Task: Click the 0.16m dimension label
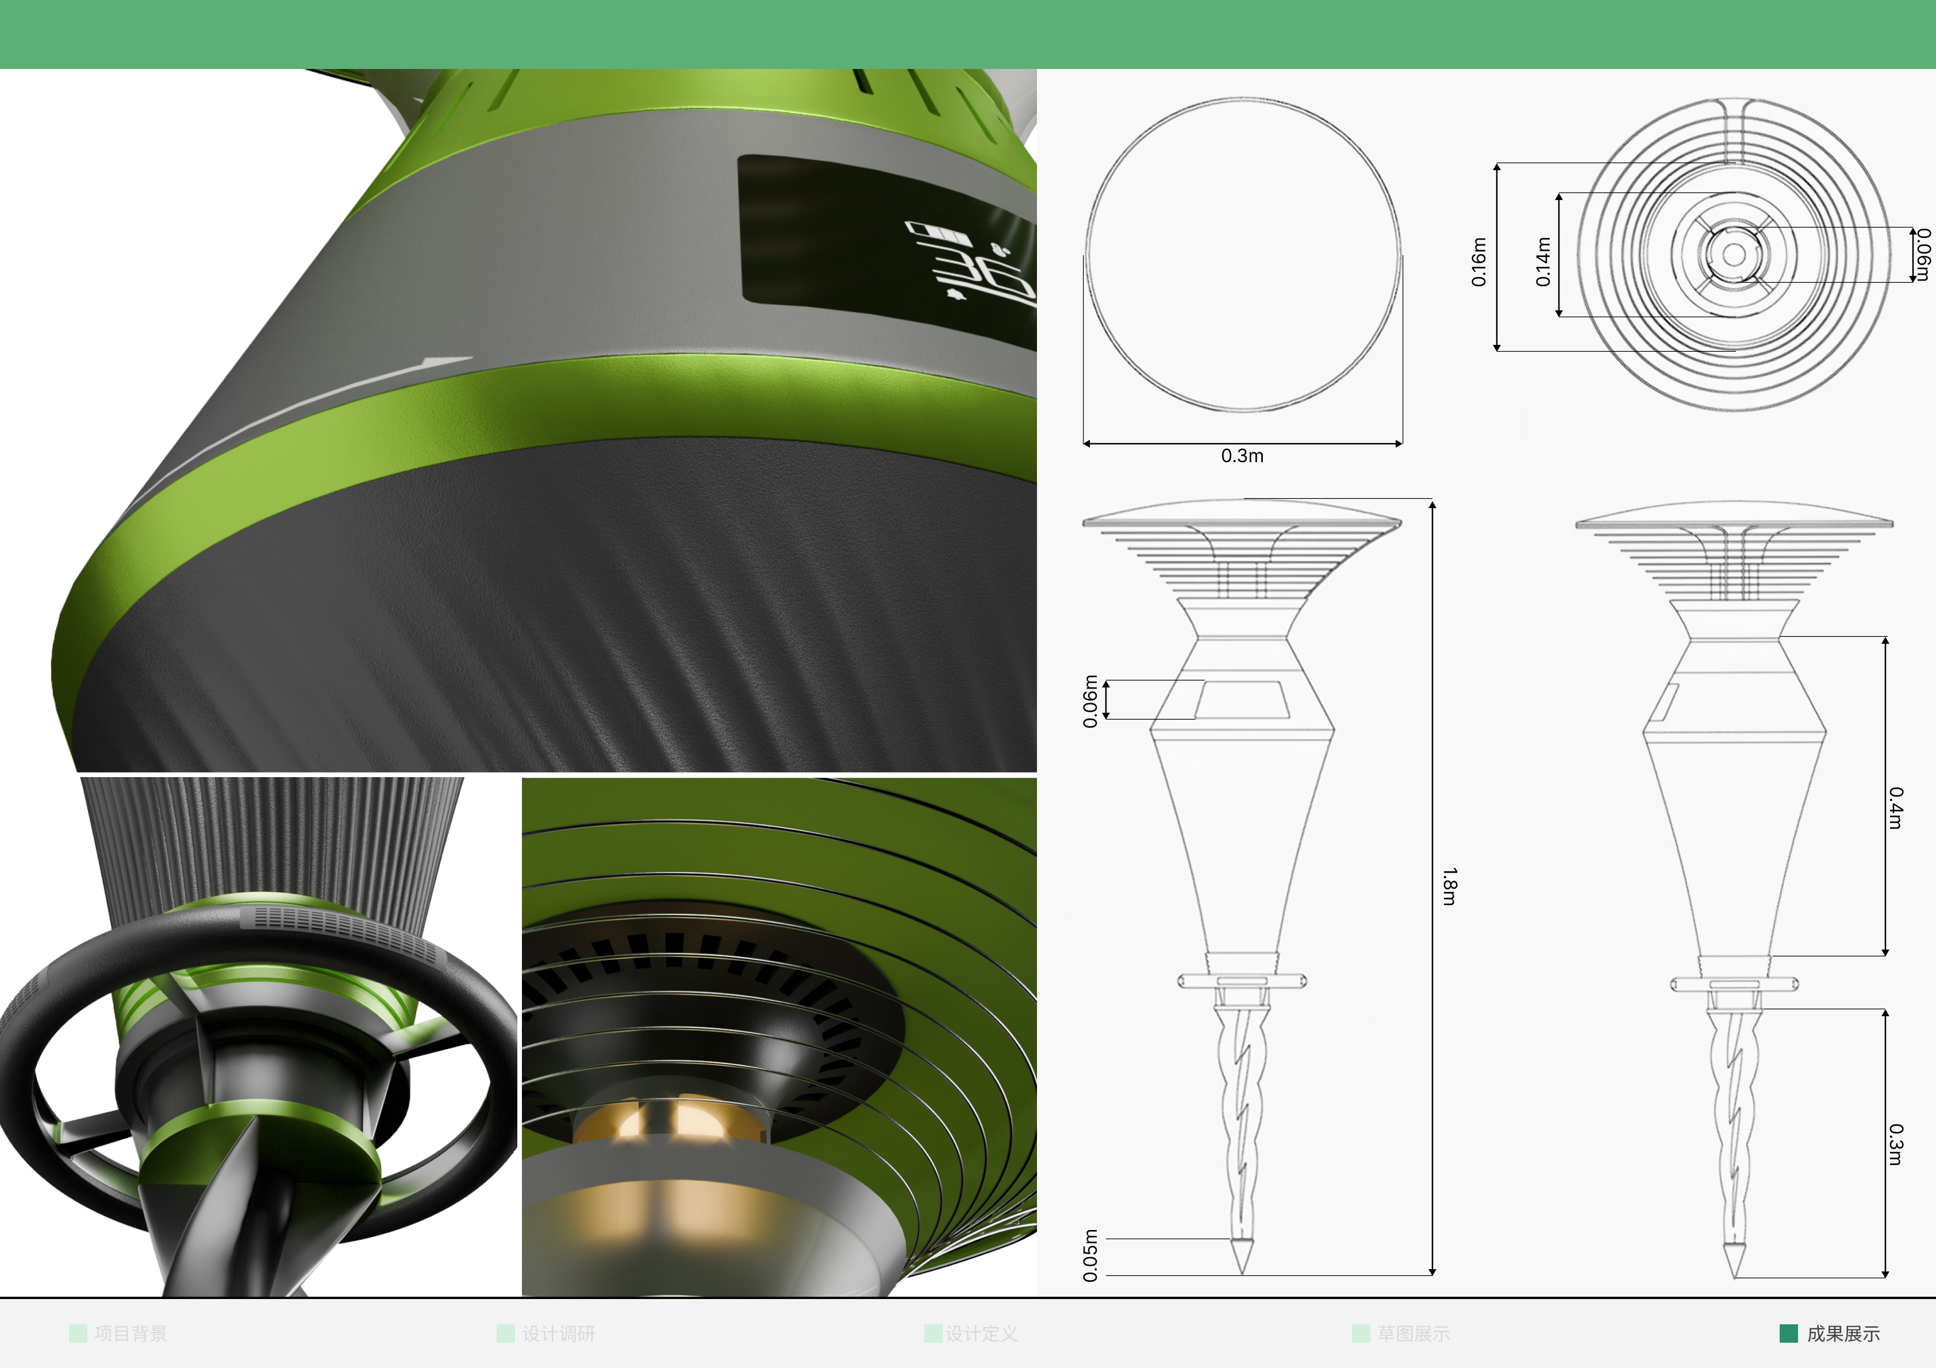[x=1478, y=262]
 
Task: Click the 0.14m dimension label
[x=1542, y=262]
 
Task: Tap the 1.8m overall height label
[x=1449, y=886]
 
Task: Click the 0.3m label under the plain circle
[x=1242, y=455]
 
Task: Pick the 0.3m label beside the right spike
[x=1896, y=1144]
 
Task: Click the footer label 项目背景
[x=130, y=1334]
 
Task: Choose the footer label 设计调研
[x=558, y=1334]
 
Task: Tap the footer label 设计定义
[x=981, y=1334]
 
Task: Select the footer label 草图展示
[x=1413, y=1334]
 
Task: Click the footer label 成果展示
[x=1843, y=1334]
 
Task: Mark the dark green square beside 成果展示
[x=1788, y=1334]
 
